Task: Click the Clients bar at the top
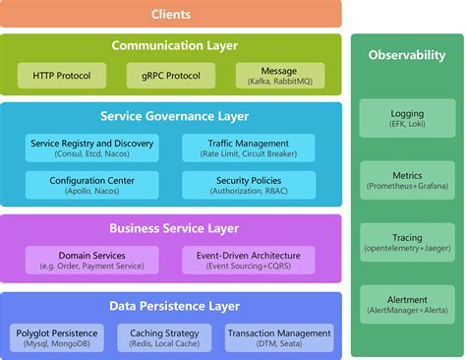171,14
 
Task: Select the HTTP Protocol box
58,76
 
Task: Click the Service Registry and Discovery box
92,149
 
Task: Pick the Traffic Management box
250,149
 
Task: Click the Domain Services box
92,260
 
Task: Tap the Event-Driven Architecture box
250,260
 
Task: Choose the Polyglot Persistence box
58,338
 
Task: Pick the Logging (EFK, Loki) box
407,121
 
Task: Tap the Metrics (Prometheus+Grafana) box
407,181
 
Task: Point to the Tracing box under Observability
407,242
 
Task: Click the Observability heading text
407,56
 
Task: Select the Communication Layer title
174,45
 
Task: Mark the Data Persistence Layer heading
174,306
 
